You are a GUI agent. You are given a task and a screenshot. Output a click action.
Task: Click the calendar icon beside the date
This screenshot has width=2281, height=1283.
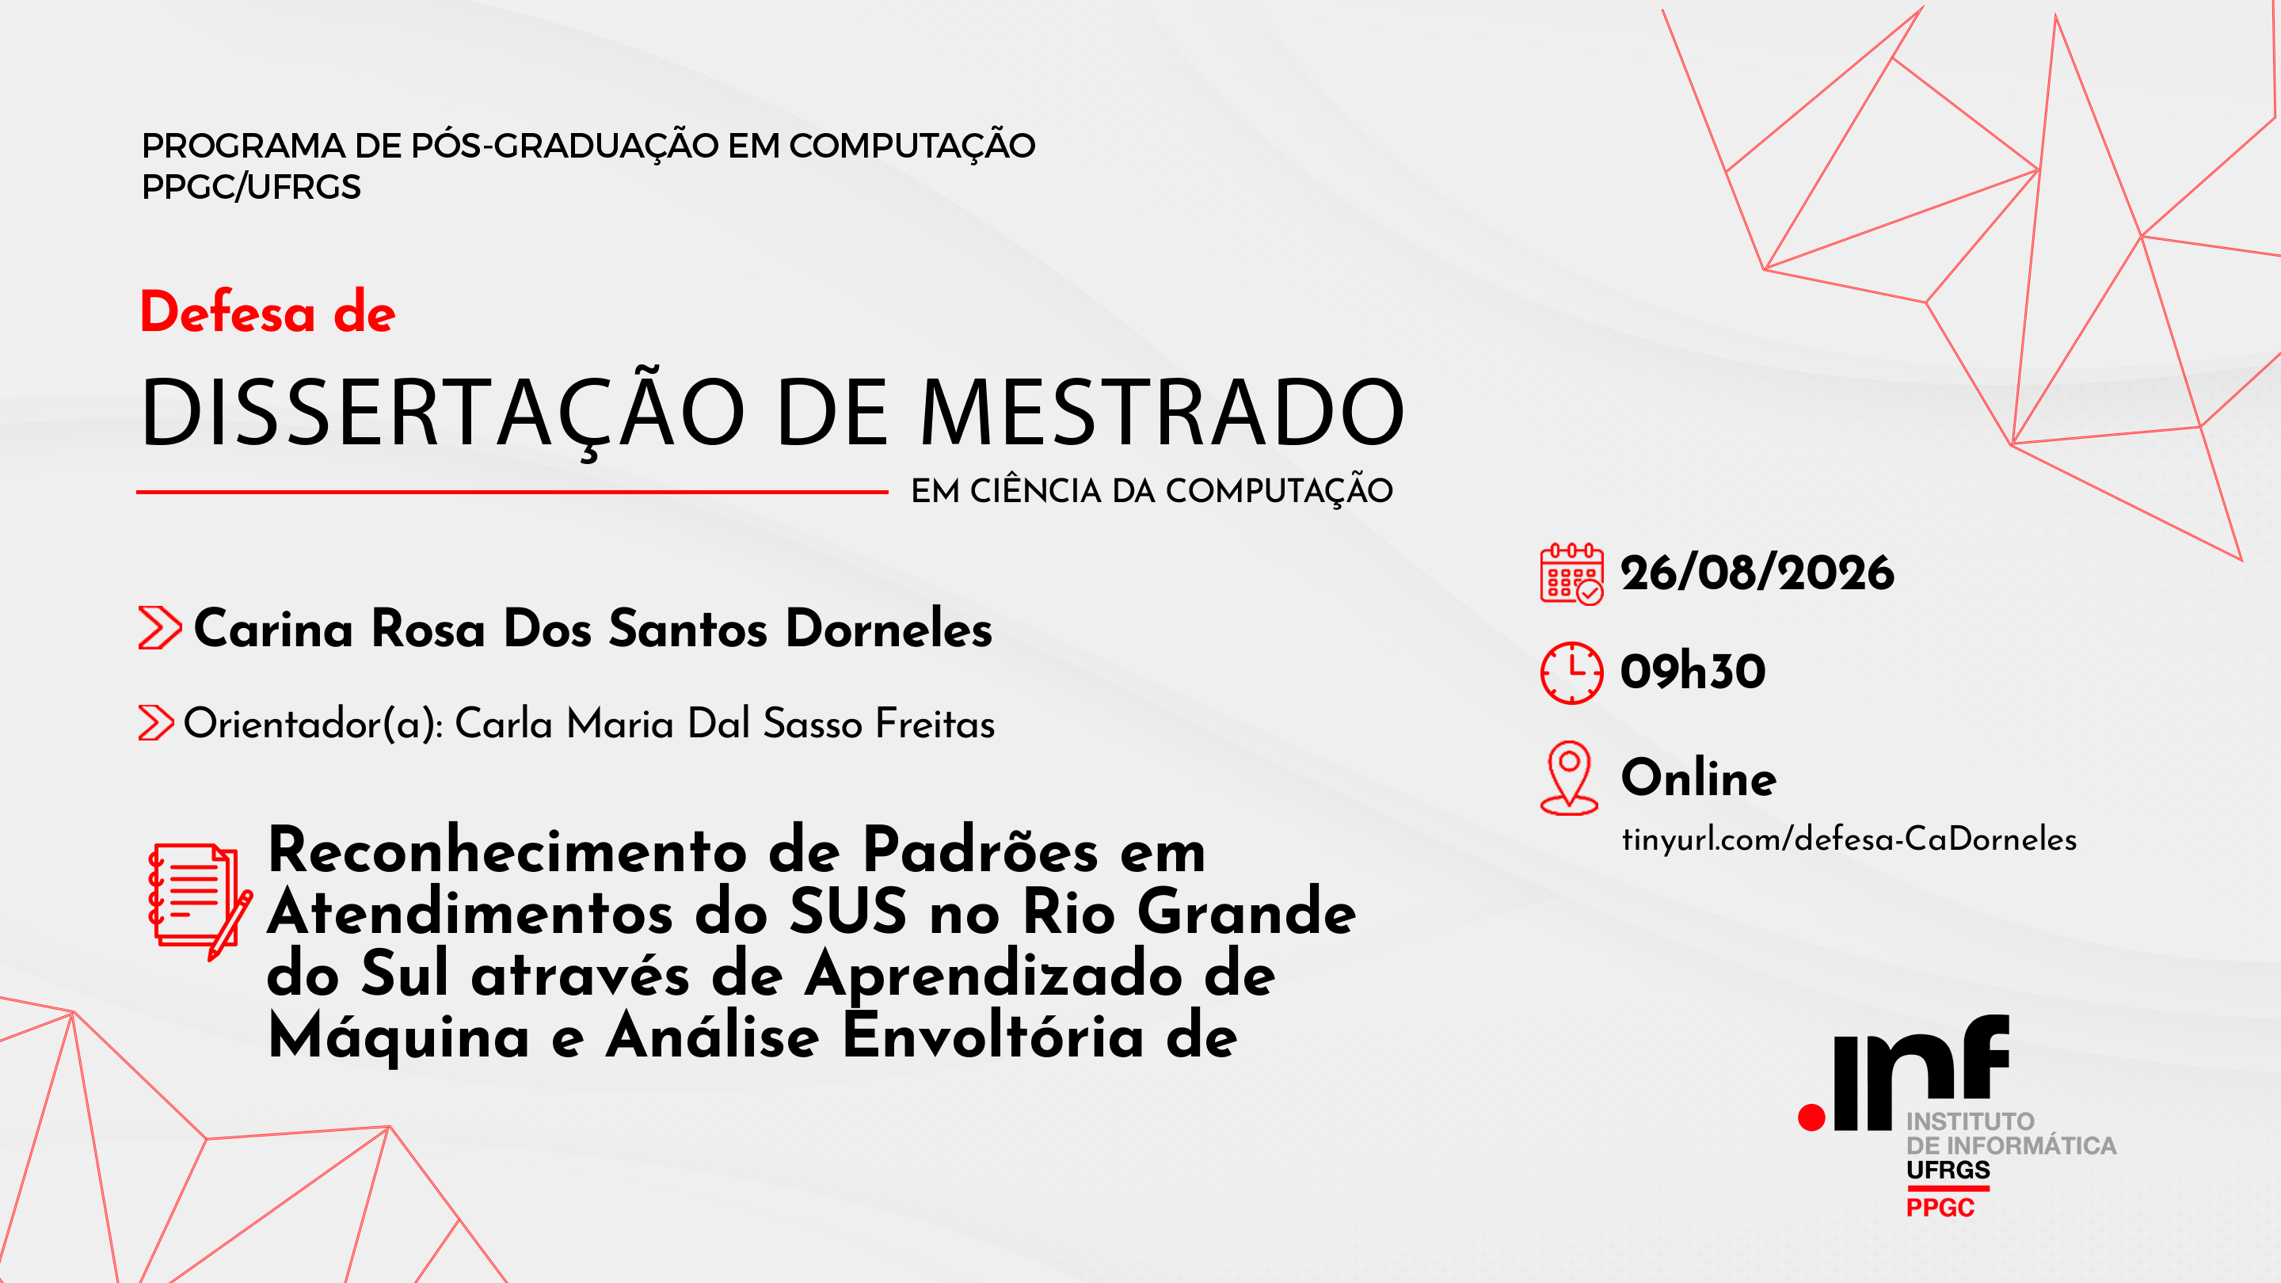pos(1571,573)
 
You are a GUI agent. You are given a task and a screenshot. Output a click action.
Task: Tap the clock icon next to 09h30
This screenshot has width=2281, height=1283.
pos(1571,673)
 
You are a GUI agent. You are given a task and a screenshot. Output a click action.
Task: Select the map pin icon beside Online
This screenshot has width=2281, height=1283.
pos(1569,778)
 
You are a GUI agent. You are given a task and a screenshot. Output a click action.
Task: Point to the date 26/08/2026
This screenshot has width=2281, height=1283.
pos(1757,573)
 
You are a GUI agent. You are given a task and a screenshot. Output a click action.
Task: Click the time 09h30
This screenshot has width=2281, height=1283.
pos(1693,671)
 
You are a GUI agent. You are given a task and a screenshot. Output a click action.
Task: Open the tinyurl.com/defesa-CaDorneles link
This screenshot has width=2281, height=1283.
pos(1849,839)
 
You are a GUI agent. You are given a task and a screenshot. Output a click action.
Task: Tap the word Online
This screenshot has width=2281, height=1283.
pos(1698,778)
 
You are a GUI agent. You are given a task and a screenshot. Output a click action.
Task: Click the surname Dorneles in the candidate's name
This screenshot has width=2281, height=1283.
pos(889,629)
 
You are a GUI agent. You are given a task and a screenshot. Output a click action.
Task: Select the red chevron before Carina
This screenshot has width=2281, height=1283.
pos(160,628)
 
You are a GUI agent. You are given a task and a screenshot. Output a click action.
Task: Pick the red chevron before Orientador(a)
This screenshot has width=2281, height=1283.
pos(156,722)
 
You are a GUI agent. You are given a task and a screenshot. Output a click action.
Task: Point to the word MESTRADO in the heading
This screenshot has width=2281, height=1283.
pos(1162,412)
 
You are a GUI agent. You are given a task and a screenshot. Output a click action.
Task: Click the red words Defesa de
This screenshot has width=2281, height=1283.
pos(268,312)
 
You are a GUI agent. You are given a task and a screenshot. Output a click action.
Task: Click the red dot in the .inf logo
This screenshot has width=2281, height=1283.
pos(1811,1117)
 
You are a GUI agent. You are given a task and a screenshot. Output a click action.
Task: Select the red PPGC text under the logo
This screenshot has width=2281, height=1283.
pos(1940,1208)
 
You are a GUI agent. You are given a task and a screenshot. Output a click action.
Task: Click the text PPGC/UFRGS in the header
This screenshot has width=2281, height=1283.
pos(252,187)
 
